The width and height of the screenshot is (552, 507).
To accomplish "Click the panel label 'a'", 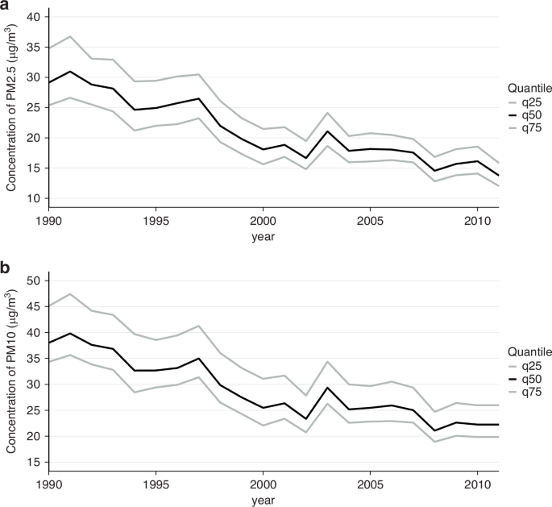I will (6, 7).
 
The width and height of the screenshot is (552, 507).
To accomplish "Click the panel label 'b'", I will (6, 267).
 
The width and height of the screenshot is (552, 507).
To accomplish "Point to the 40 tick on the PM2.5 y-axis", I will (32, 17).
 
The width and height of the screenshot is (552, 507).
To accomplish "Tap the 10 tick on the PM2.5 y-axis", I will (32, 198).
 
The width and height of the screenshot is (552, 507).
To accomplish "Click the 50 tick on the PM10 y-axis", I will (32, 281).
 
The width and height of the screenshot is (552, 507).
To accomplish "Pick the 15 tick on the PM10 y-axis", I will (32, 463).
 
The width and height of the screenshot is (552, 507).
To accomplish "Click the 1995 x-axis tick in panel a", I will (156, 219).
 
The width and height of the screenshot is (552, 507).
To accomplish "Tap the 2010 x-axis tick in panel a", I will (475, 219).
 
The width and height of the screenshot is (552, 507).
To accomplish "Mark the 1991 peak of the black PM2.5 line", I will (71, 72).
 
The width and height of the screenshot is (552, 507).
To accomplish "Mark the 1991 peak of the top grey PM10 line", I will (71, 294).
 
